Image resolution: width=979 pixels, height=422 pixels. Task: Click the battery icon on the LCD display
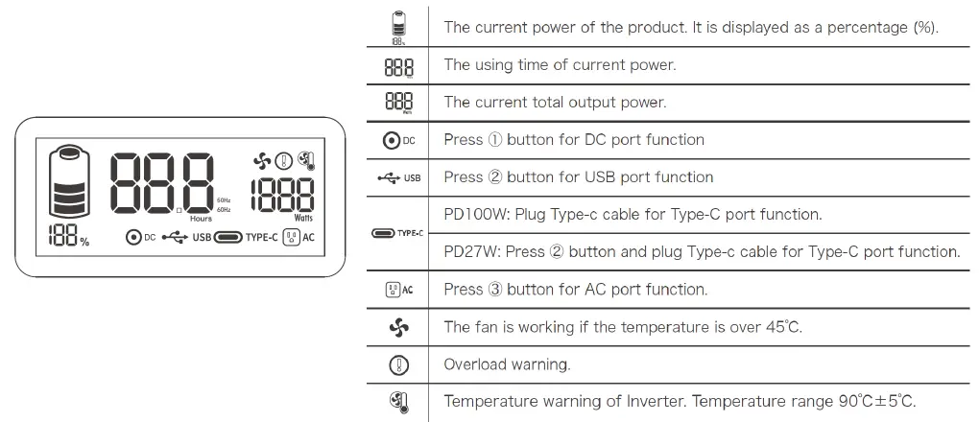point(68,181)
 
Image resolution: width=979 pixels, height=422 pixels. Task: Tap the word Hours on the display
point(201,219)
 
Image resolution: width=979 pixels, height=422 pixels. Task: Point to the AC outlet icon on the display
point(291,237)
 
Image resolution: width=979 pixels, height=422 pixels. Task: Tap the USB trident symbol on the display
point(176,237)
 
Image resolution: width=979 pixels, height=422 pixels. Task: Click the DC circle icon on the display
point(132,237)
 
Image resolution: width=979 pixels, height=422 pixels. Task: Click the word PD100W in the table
point(472,214)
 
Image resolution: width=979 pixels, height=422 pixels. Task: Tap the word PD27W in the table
point(468,251)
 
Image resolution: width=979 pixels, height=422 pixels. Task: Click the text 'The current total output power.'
point(554,102)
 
